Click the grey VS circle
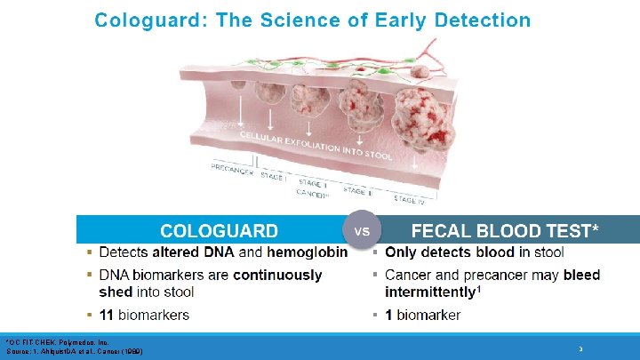tap(362, 230)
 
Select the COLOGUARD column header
tap(219, 231)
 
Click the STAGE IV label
tap(409, 199)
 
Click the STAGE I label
tap(272, 176)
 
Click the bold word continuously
tap(277, 275)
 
